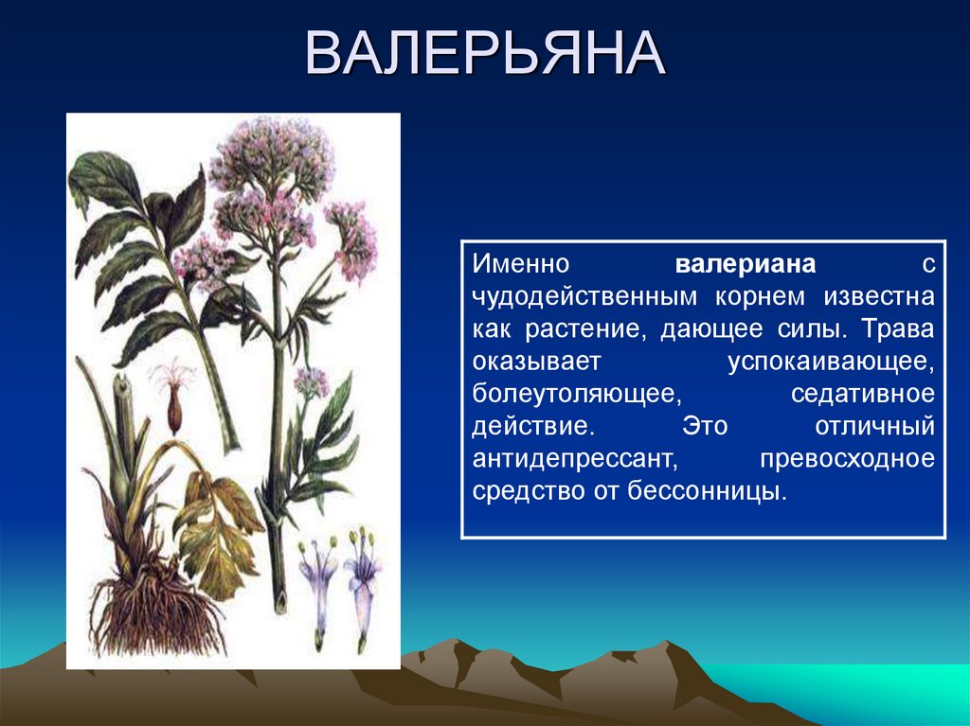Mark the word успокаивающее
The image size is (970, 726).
[831, 362]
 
